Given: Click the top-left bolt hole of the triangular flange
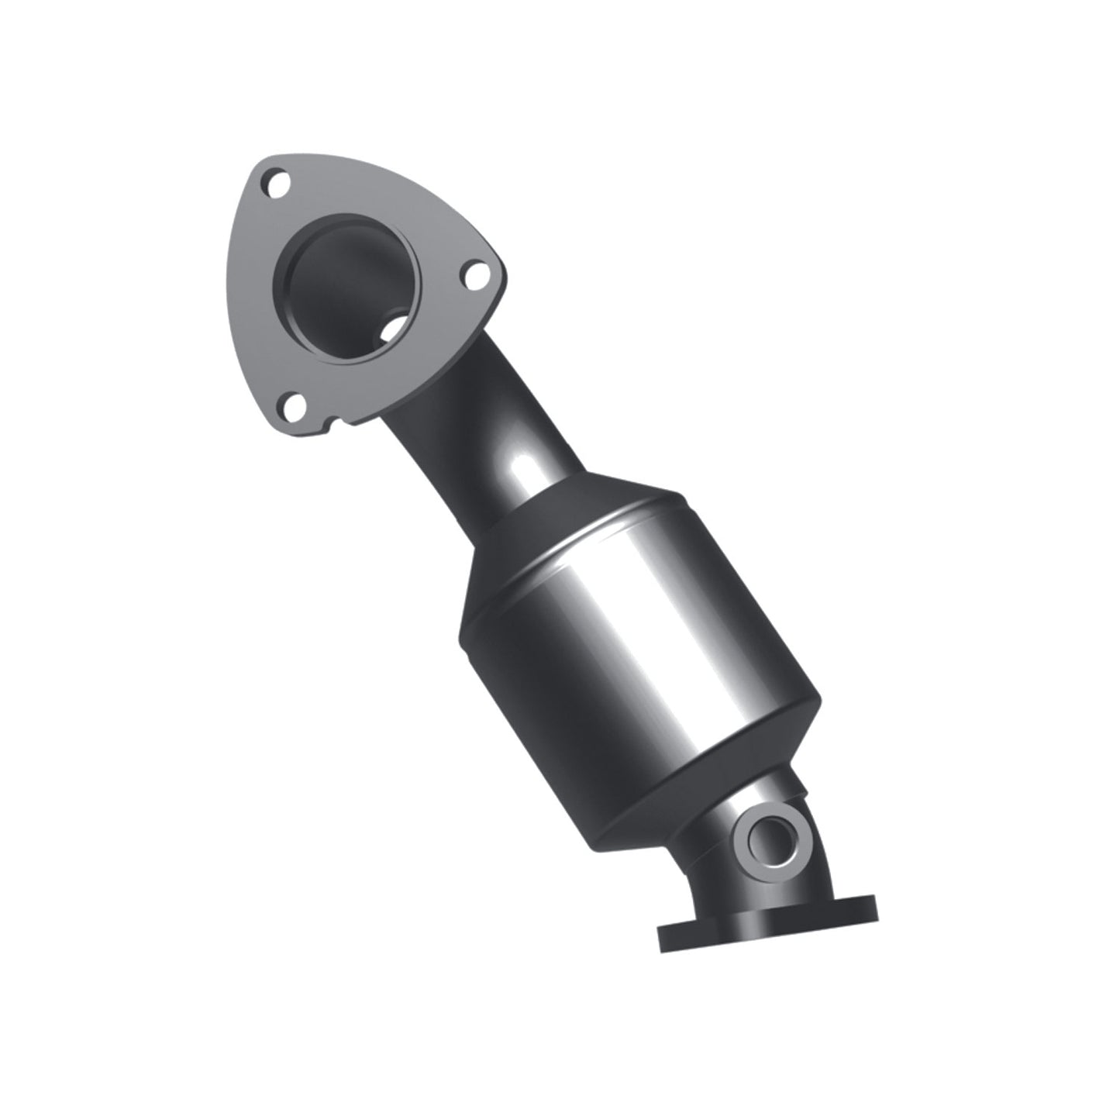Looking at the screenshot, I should click(276, 184).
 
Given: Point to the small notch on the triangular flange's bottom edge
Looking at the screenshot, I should click(334, 423).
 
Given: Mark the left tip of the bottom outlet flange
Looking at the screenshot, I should click(663, 939).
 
